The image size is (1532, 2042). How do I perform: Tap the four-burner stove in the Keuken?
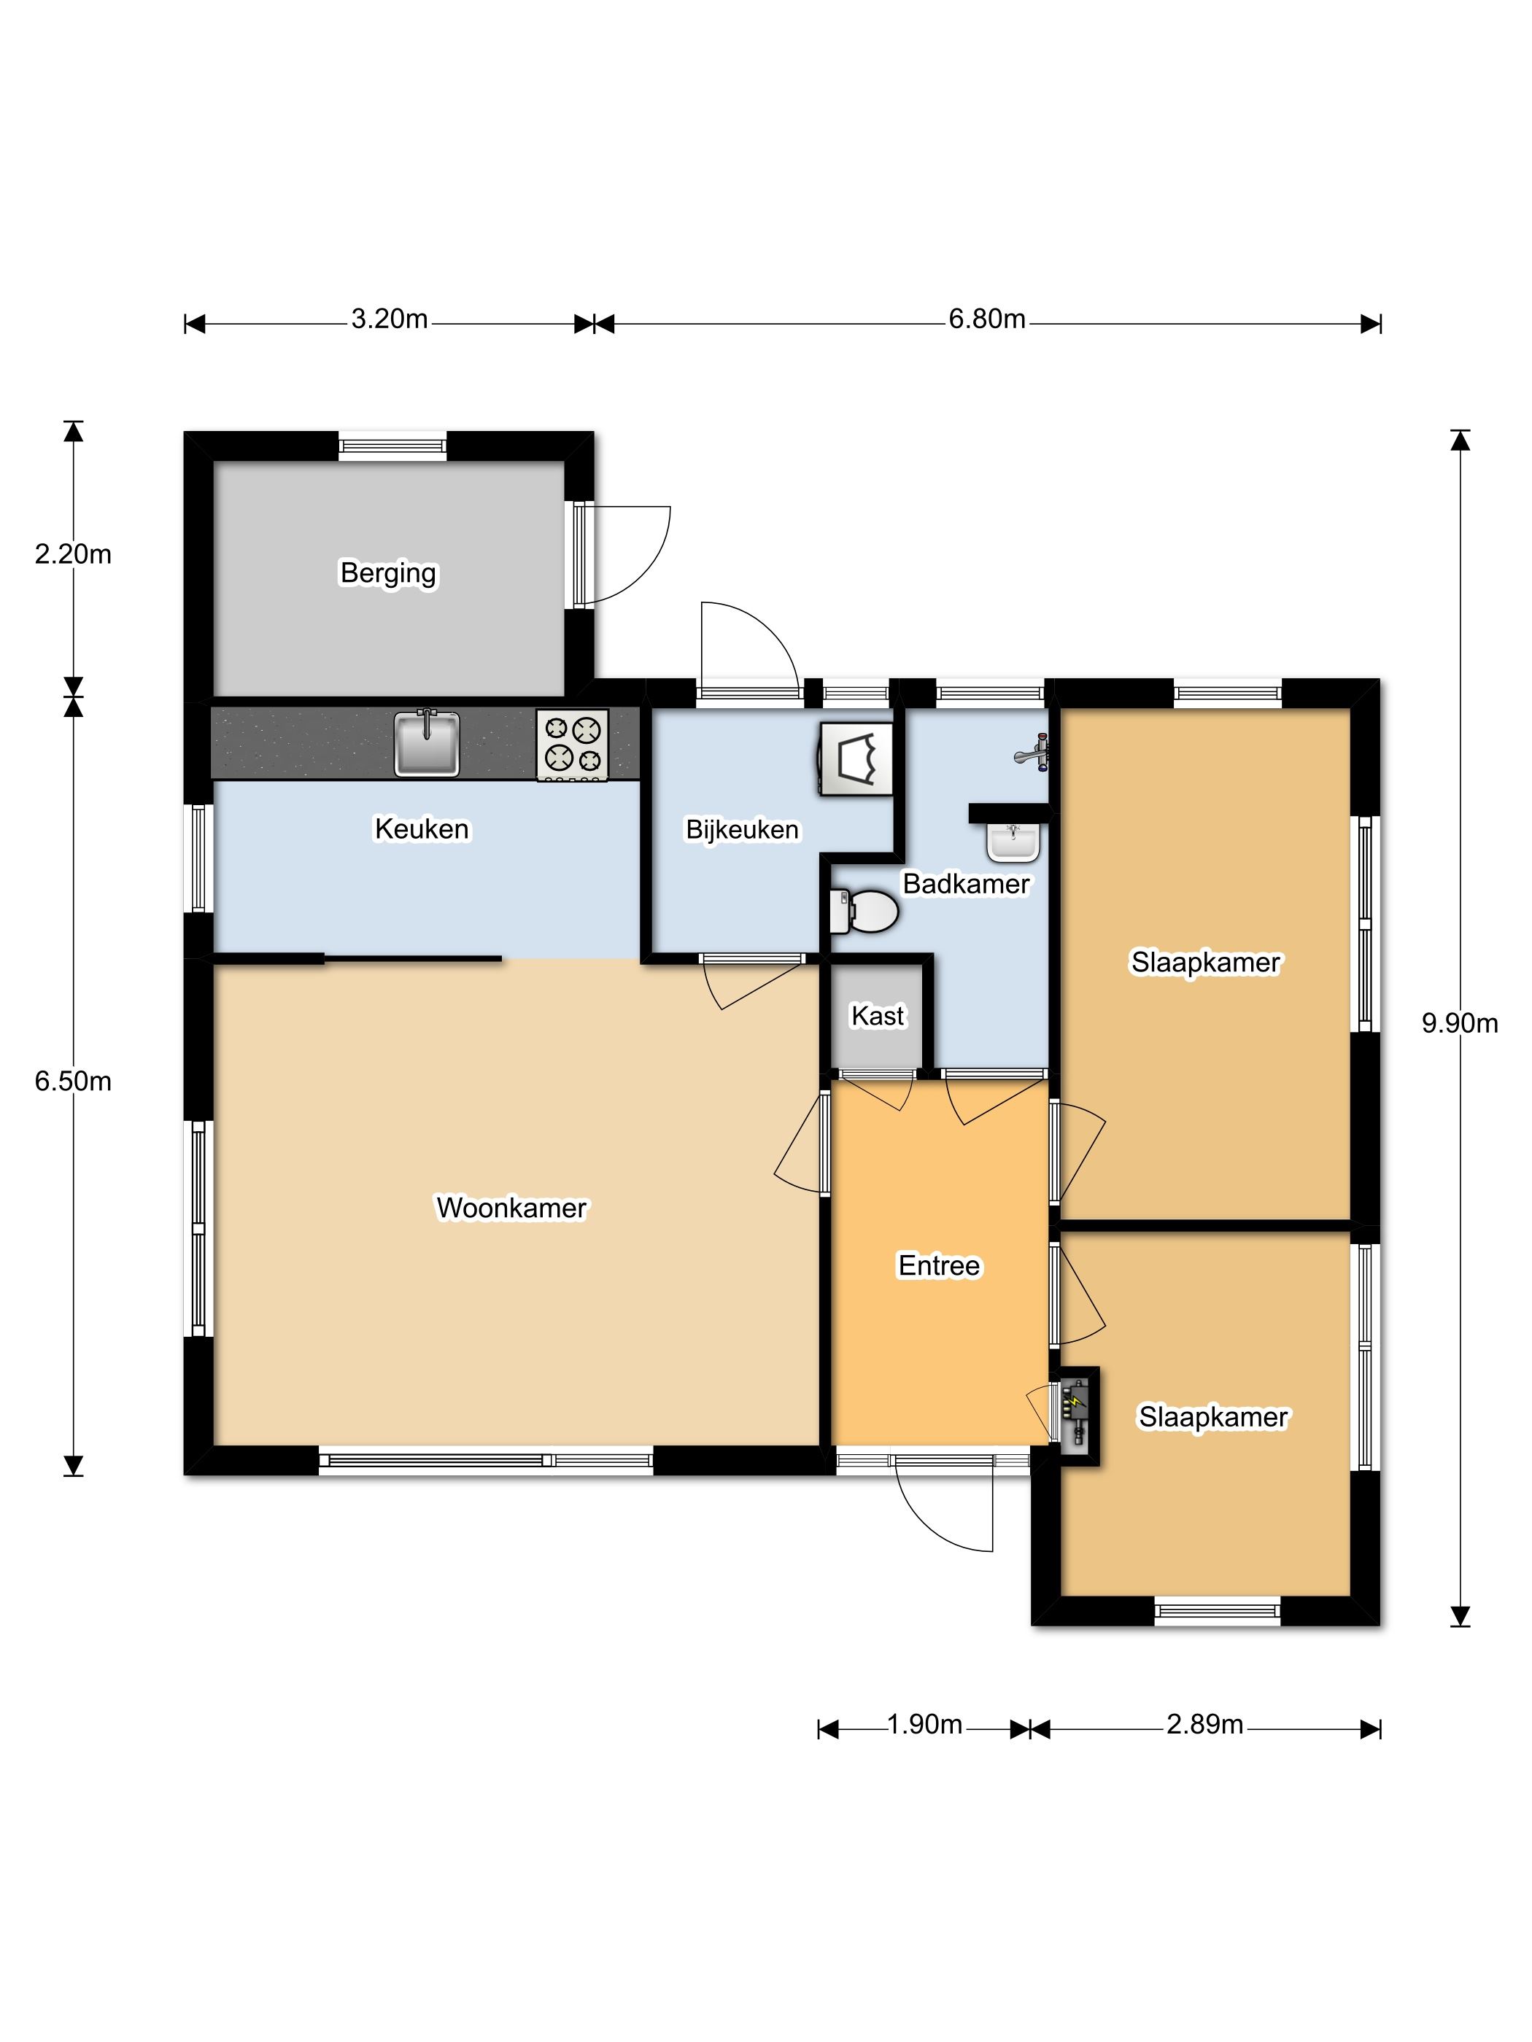[x=573, y=745]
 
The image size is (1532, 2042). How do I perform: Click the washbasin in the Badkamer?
[x=1013, y=841]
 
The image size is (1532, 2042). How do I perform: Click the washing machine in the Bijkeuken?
[x=855, y=758]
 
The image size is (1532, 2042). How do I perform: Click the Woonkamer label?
[x=511, y=1208]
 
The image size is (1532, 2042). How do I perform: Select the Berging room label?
[x=389, y=573]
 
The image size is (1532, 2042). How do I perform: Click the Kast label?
[x=878, y=1015]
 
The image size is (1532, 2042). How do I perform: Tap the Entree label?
[x=939, y=1265]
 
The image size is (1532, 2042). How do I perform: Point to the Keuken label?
[x=422, y=829]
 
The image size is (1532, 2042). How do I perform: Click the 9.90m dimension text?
[x=1460, y=1023]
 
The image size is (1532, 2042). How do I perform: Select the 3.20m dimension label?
[x=390, y=319]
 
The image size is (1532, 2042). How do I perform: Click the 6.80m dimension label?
[x=987, y=319]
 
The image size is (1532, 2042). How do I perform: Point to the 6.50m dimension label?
[x=73, y=1081]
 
